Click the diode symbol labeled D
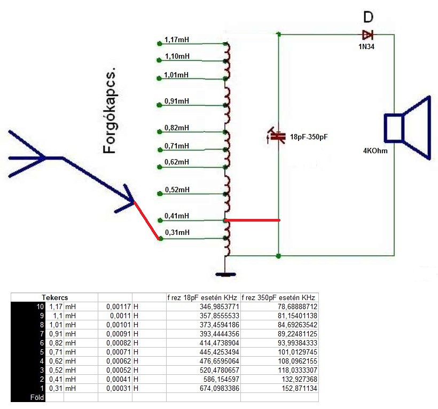point(367,35)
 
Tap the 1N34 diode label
point(366,47)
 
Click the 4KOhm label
point(375,151)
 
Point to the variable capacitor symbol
point(276,136)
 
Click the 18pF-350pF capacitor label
point(308,137)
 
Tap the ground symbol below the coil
point(225,274)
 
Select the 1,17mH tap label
point(177,40)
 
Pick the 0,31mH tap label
point(177,232)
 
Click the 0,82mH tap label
point(177,128)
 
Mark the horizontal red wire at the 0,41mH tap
point(252,219)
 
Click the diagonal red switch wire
point(146,221)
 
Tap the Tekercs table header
point(54,297)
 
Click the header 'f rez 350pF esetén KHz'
point(279,297)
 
